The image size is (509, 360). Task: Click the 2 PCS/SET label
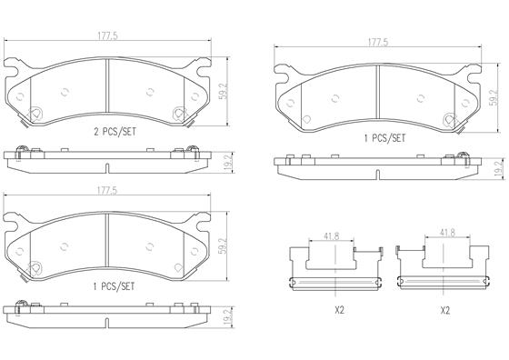pyautogui.click(x=115, y=132)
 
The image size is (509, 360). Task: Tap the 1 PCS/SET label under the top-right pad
pyautogui.click(x=384, y=138)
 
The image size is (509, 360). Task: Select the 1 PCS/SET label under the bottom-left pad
pyautogui.click(x=114, y=286)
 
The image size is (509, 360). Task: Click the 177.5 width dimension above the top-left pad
pyautogui.click(x=108, y=36)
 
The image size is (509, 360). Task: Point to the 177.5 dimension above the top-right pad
pyautogui.click(x=378, y=43)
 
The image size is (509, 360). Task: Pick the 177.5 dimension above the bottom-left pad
pyautogui.click(x=107, y=191)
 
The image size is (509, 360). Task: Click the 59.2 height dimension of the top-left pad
pyautogui.click(x=225, y=91)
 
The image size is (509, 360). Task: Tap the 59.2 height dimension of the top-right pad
pyautogui.click(x=494, y=97)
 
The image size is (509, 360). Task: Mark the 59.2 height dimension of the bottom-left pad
pyautogui.click(x=224, y=245)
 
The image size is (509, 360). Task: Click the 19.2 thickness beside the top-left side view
pyautogui.click(x=228, y=163)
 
